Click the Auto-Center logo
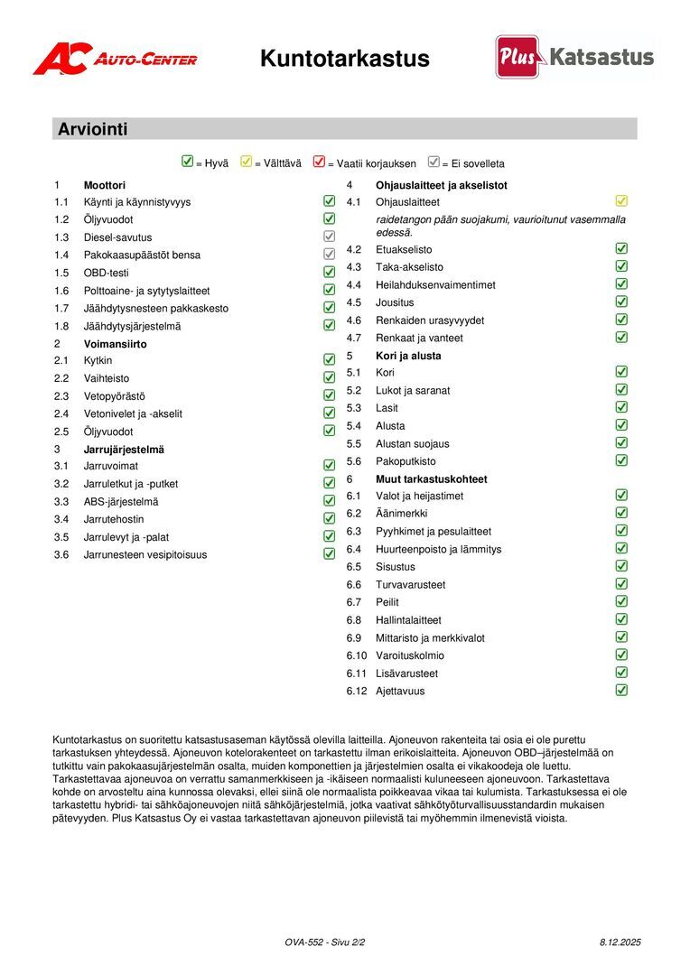click(115, 59)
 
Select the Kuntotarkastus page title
click(344, 59)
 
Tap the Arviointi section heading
click(93, 129)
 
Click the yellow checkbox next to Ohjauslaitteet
click(621, 201)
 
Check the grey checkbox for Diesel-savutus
click(330, 237)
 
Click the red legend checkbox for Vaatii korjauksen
click(318, 162)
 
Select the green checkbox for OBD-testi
click(330, 272)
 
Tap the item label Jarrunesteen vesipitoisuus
click(145, 555)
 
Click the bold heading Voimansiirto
click(115, 344)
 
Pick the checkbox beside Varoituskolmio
click(621, 655)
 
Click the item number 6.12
click(358, 692)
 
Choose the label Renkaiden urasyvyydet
click(430, 320)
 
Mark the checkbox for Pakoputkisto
click(621, 460)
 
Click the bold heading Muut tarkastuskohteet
click(431, 479)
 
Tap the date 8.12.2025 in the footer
click(620, 942)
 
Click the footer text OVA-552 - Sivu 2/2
click(324, 942)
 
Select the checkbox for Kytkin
click(330, 360)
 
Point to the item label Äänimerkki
click(402, 514)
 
